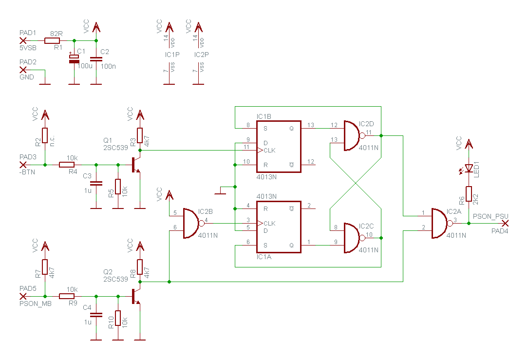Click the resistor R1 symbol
point(52,41)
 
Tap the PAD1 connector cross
point(23,41)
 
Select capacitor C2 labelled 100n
point(96,59)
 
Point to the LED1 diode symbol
point(469,169)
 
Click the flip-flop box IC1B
point(279,147)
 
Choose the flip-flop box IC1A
point(279,227)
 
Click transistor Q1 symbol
point(136,165)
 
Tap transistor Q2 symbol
point(136,296)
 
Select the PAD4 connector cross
point(505,223)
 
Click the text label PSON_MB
point(36,304)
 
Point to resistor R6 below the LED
point(469,194)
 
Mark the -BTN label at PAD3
point(27,172)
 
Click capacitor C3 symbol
point(96,183)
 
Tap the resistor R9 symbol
point(67,296)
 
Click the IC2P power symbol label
point(201,55)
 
